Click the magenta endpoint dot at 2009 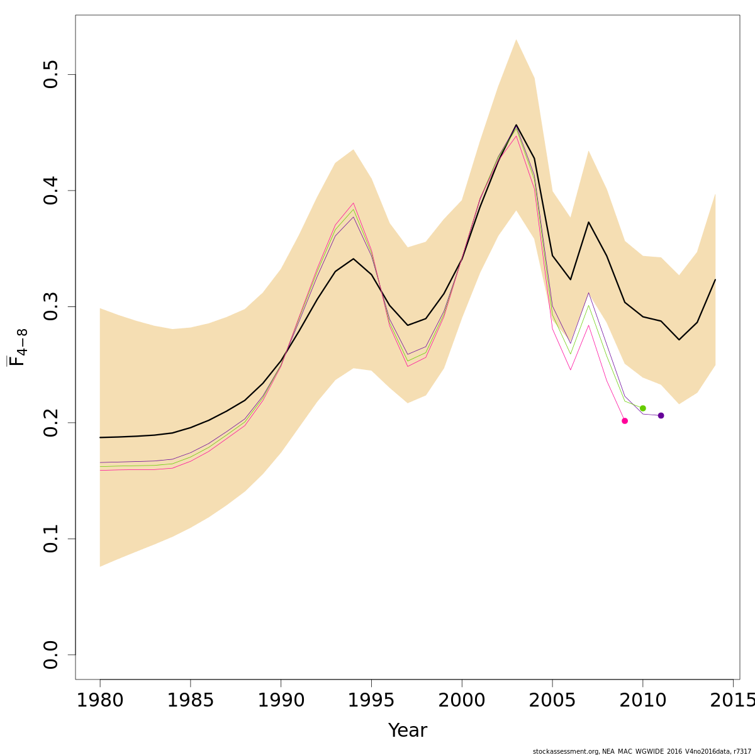coord(625,421)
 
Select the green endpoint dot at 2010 coord(642,408)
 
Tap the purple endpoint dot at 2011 coord(661,416)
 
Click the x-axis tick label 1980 coord(100,700)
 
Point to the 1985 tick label coord(191,700)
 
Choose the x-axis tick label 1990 coord(281,700)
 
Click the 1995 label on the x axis coord(371,700)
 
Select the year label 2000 coord(462,700)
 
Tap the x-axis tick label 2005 coord(552,700)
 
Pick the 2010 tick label coord(643,700)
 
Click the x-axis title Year coord(408,731)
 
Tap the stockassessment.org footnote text coord(642,751)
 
